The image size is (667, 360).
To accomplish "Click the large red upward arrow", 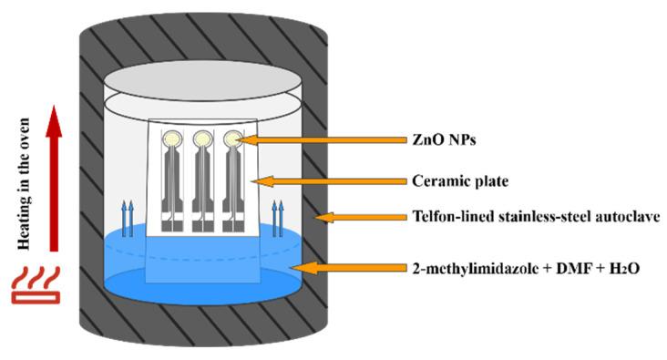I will pos(54,178).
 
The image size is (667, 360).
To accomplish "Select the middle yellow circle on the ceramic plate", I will pos(202,139).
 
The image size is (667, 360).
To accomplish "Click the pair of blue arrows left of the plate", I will pos(128,219).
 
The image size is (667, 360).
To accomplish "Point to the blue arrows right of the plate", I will pos(278,221).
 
